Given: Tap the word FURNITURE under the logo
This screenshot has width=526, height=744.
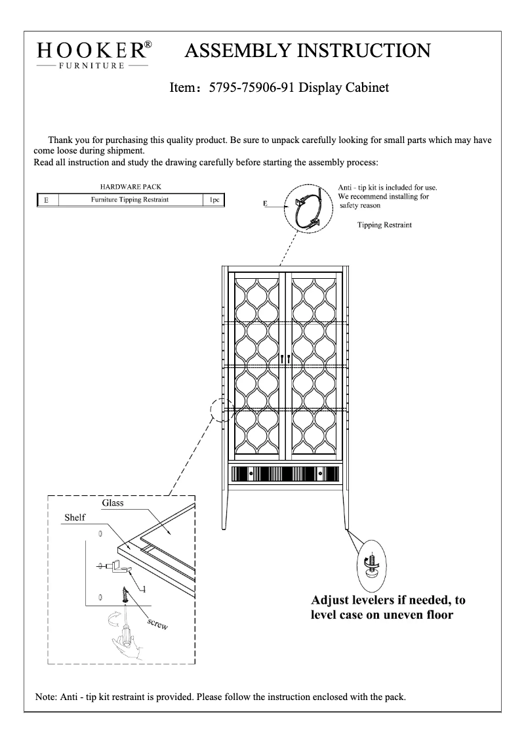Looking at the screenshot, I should coord(92,66).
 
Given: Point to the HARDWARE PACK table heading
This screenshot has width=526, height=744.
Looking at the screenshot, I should coord(130,187).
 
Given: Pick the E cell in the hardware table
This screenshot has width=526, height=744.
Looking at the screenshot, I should coord(46,199).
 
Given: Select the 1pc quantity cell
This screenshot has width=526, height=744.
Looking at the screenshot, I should coord(214,199).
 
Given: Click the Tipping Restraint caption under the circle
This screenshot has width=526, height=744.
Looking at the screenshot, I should coord(384,224).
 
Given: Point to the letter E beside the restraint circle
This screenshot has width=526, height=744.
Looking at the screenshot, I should coord(266,204).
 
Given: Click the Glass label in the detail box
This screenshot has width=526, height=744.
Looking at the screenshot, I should coord(113,503).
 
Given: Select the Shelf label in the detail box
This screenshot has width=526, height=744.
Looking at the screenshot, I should coord(74,518).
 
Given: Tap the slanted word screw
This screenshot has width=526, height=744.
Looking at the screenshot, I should coord(157,623).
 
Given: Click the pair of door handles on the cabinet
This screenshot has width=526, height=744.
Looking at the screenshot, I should coord(285,359).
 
